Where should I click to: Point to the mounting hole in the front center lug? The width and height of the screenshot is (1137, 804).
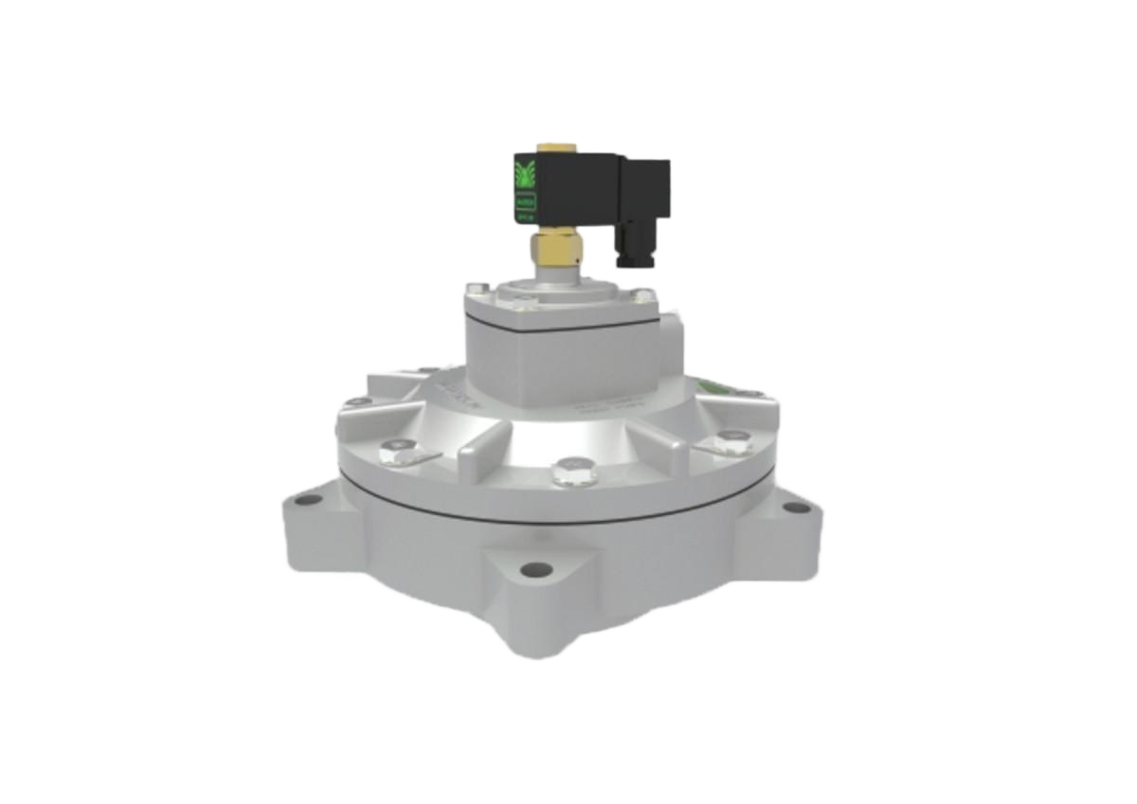[536, 570]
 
